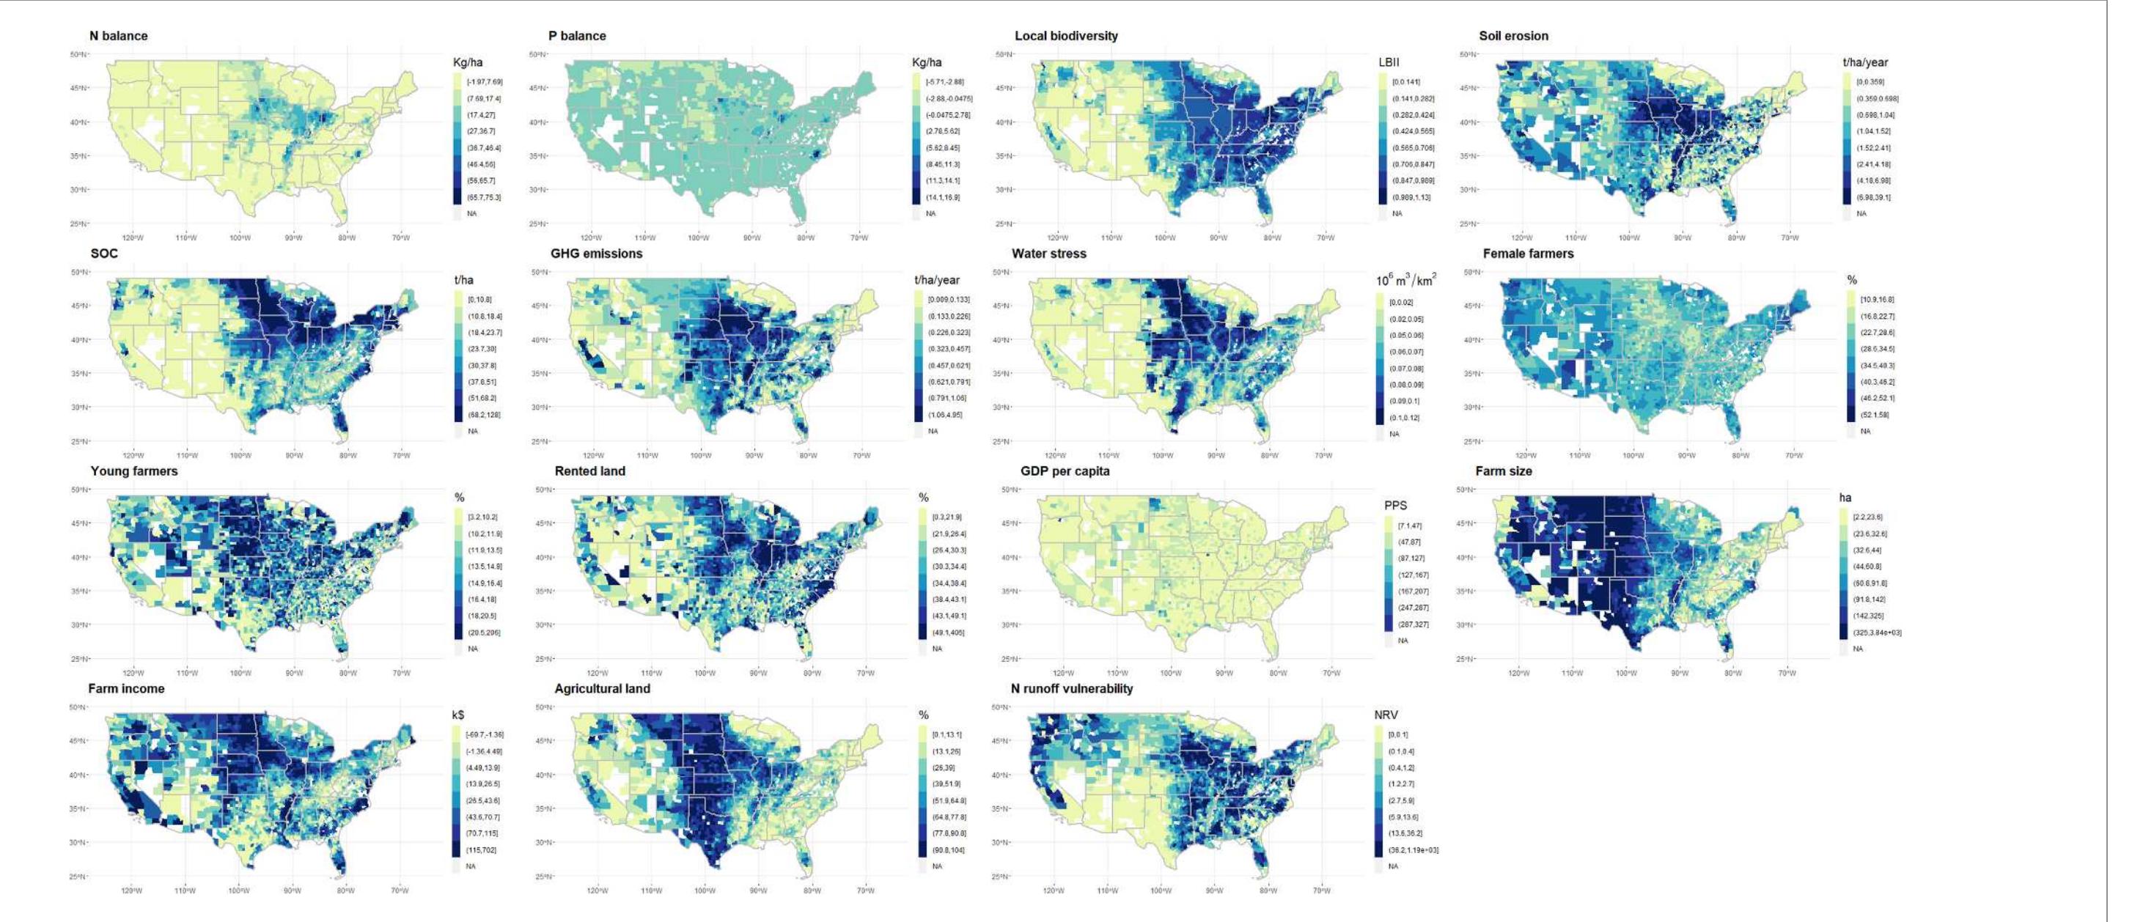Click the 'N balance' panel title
[x=118, y=36]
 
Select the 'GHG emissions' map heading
[x=596, y=254]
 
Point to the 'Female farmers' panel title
[x=1528, y=254]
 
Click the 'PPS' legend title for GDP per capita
[x=1395, y=506]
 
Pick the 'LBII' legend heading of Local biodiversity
[x=1389, y=62]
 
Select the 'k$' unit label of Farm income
[x=457, y=715]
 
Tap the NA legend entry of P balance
[x=931, y=213]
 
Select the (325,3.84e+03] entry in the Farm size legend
[x=1876, y=633]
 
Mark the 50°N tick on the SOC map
[x=78, y=273]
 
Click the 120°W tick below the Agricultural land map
[x=598, y=890]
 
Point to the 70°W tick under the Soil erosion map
[x=1790, y=237]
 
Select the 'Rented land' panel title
[x=589, y=471]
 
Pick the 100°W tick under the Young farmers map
[x=240, y=673]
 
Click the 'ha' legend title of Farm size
[x=1845, y=498]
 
